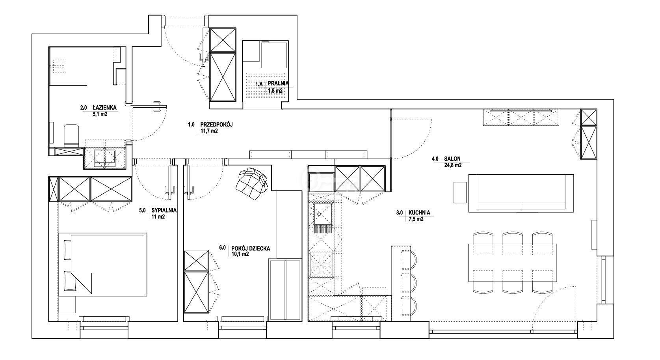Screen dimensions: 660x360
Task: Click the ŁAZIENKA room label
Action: pos(104,108)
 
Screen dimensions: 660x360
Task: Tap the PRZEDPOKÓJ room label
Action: pos(216,125)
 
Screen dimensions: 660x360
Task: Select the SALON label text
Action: pos(452,159)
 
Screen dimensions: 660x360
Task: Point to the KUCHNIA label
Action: pos(419,213)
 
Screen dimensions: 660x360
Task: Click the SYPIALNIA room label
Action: pos(164,211)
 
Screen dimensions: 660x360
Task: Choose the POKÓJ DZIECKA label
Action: pos(251,248)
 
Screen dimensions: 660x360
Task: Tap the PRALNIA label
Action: pos(278,84)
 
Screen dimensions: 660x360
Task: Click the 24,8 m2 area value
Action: pos(453,165)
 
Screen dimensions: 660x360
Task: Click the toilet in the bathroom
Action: pos(72,135)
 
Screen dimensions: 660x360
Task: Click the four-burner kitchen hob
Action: pos(321,265)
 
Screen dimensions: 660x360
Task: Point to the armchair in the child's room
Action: pos(251,183)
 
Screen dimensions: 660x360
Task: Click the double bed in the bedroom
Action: pos(103,264)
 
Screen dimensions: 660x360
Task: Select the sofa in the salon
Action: pos(521,193)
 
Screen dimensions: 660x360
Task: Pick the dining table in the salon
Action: pos(512,263)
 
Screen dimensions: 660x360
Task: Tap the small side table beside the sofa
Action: pos(460,192)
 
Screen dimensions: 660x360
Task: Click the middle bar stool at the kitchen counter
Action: pos(409,283)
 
